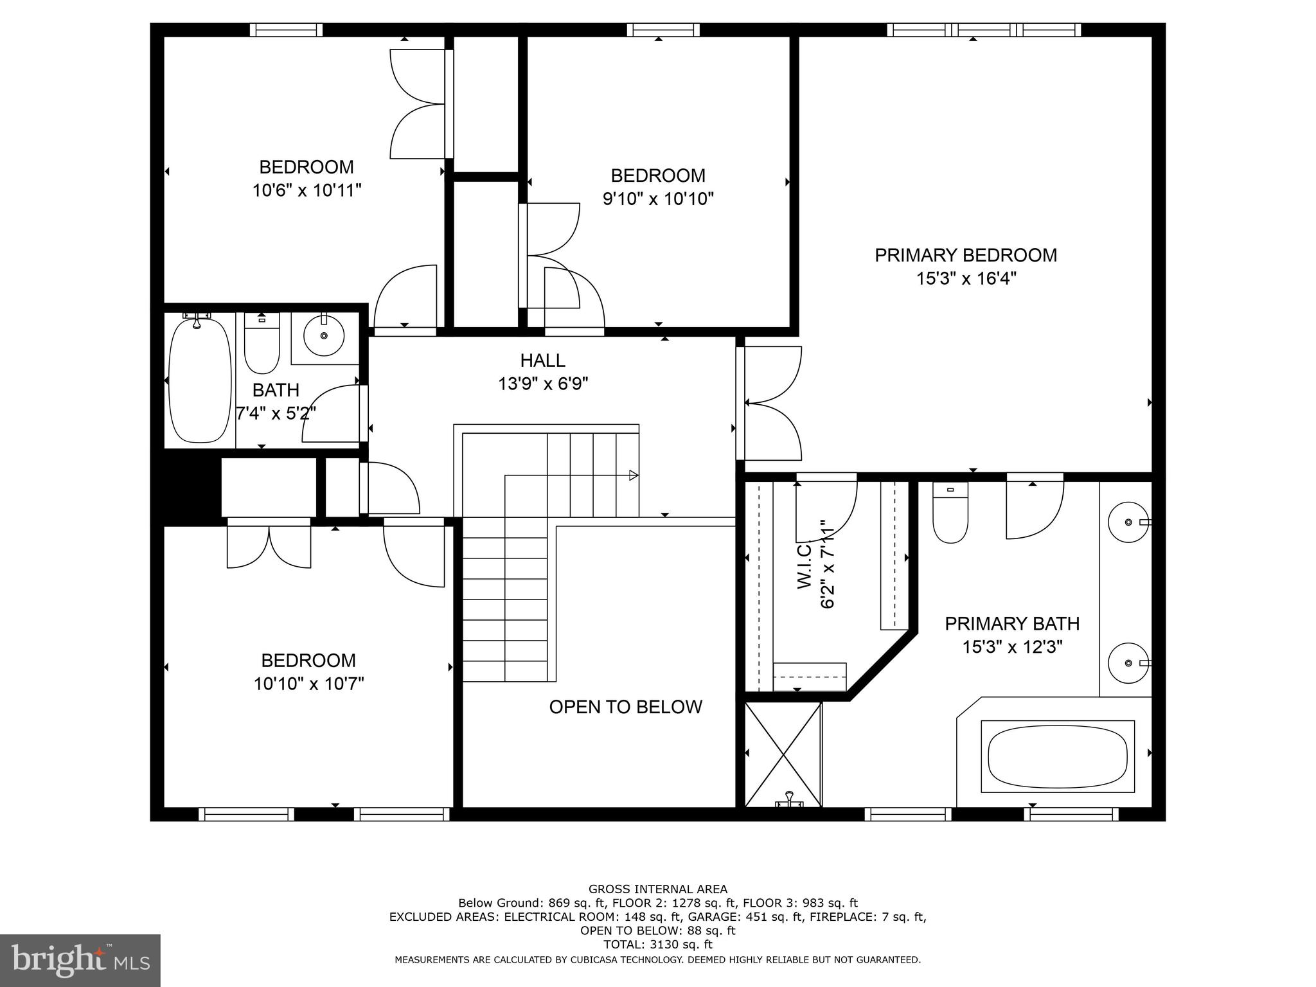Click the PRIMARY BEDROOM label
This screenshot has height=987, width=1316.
tap(965, 255)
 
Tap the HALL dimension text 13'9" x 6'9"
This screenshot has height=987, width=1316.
tap(543, 384)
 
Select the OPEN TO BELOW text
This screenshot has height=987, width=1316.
tap(625, 707)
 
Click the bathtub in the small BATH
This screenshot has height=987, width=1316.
tap(200, 381)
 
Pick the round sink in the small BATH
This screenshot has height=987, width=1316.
tap(324, 336)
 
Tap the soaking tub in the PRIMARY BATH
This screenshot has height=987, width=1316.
tap(1057, 756)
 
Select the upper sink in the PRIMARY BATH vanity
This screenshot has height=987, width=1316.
tap(1128, 522)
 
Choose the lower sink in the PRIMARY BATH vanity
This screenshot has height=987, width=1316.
tap(1128, 662)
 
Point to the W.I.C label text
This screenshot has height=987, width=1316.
tap(806, 565)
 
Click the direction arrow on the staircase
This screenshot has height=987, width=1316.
tap(633, 476)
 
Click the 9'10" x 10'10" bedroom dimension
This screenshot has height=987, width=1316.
tap(658, 199)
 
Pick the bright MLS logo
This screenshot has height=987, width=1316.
tap(80, 960)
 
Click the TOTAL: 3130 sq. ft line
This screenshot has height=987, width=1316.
tap(657, 945)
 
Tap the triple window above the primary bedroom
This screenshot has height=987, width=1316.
tap(984, 30)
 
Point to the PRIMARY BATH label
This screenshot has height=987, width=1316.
tap(1011, 623)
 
